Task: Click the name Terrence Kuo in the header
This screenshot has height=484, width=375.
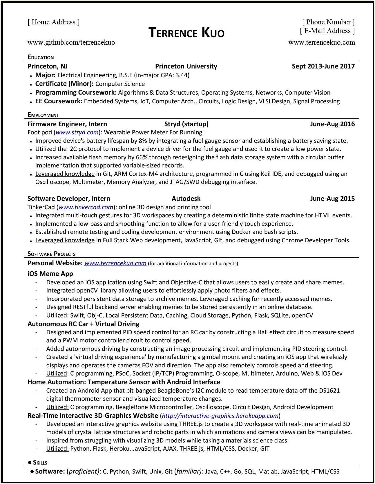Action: [x=186, y=32]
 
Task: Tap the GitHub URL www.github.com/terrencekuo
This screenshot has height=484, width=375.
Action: [x=71, y=42]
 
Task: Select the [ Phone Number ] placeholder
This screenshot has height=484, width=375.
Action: [x=328, y=22]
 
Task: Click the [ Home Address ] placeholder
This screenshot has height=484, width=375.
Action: [x=54, y=22]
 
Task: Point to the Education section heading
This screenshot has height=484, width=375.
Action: [x=41, y=57]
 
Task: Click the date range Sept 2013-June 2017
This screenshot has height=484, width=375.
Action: [x=323, y=66]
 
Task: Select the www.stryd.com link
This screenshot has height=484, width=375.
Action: [x=77, y=133]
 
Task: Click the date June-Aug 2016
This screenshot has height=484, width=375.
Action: [x=332, y=124]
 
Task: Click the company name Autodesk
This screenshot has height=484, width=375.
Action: [x=186, y=199]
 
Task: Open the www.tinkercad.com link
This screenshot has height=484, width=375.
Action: [x=86, y=207]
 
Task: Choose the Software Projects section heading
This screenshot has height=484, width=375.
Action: [x=51, y=254]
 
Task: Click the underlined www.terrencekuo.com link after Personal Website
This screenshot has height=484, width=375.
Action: [x=115, y=263]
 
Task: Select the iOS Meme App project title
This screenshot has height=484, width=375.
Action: [x=50, y=274]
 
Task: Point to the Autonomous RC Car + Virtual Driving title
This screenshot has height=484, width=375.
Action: [x=83, y=324]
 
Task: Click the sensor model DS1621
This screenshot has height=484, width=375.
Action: [x=329, y=391]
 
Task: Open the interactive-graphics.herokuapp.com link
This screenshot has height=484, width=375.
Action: [x=220, y=416]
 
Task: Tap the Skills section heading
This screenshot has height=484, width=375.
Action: [x=40, y=463]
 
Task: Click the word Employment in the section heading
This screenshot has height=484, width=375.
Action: [x=43, y=115]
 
